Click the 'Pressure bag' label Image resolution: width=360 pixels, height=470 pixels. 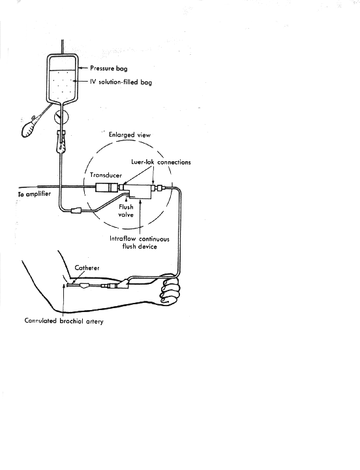pyautogui.click(x=109, y=69)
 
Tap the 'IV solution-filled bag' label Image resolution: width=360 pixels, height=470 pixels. pyautogui.click(x=121, y=82)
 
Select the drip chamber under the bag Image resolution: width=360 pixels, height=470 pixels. pyautogui.click(x=61, y=142)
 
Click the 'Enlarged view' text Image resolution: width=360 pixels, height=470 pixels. pyautogui.click(x=129, y=135)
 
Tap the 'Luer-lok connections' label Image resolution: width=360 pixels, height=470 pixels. pyautogui.click(x=161, y=162)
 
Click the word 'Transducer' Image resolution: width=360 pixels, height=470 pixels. pyautogui.click(x=106, y=175)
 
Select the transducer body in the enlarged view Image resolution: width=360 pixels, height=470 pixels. pyautogui.click(x=107, y=187)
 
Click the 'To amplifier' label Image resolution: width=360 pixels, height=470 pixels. pyautogui.click(x=35, y=194)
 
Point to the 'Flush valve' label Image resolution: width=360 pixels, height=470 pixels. pyautogui.click(x=126, y=211)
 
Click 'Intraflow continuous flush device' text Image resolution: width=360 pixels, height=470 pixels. pyautogui.click(x=140, y=242)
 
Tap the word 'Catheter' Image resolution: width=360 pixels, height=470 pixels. pyautogui.click(x=87, y=268)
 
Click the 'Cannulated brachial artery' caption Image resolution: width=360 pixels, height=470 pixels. pyautogui.click(x=64, y=321)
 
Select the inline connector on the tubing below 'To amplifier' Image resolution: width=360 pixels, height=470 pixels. pyautogui.click(x=76, y=210)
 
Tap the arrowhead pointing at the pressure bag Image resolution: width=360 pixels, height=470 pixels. pyautogui.click(x=81, y=69)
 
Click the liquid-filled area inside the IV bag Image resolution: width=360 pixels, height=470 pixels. pyautogui.click(x=62, y=85)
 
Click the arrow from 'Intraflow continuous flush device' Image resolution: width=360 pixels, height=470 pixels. pyautogui.click(x=140, y=217)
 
